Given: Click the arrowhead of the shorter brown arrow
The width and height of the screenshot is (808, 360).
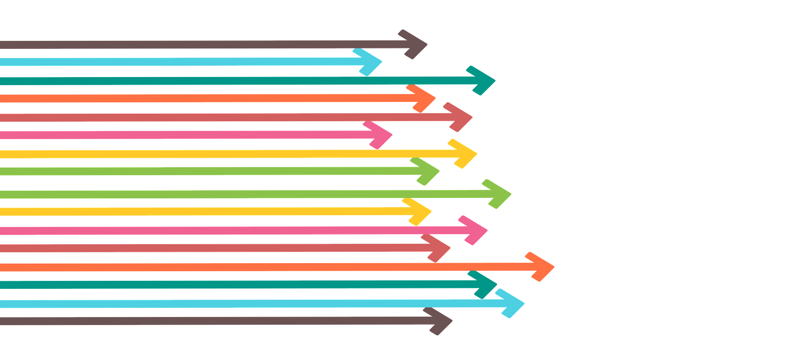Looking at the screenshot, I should pos(417,44).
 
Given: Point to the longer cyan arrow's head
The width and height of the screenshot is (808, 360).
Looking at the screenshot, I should pos(513,303).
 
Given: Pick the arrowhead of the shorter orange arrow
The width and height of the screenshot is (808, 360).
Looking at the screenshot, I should pos(425,99).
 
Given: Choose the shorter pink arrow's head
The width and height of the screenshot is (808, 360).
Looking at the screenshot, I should pos(381,135).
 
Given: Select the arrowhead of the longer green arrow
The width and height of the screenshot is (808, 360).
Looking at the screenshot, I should pos(501,194).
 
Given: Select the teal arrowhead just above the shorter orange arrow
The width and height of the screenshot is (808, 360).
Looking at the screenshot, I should pos(484,80).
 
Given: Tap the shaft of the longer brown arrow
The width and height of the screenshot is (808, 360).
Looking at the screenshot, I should pos(210,321).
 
